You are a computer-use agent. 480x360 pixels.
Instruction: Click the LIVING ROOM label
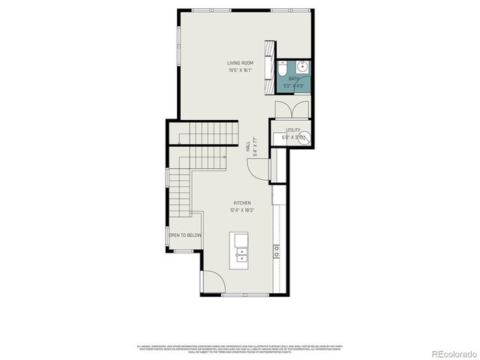coord(240,62)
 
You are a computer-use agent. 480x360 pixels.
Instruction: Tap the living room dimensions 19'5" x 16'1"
coord(240,70)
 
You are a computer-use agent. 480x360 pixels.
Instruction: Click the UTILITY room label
coord(292,130)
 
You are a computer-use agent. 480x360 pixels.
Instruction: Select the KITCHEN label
coord(241,202)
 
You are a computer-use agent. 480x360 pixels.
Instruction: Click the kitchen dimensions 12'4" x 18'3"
coord(241,211)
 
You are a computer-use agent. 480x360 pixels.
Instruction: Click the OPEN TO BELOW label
coord(184,235)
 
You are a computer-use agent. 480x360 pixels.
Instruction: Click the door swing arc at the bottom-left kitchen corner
coord(211,282)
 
